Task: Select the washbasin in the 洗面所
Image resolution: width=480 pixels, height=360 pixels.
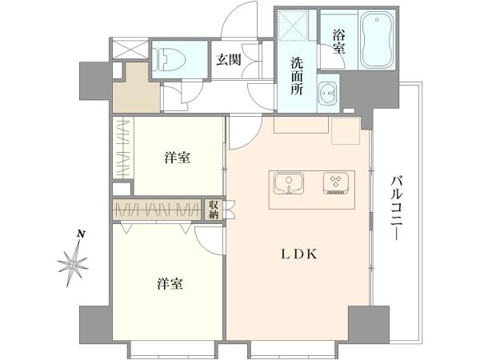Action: click(x=328, y=93)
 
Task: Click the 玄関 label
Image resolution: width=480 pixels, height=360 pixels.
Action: click(x=228, y=60)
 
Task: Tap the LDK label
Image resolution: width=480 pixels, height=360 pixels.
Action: click(x=299, y=254)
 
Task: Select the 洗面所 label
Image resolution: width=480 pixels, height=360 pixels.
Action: click(x=296, y=77)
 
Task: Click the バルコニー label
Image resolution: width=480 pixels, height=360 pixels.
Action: click(x=397, y=208)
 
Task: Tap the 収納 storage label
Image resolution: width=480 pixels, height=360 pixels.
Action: click(x=214, y=210)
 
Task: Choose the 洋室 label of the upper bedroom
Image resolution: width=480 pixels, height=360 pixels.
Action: click(x=178, y=158)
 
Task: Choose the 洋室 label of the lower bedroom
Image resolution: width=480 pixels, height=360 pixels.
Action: click(x=170, y=284)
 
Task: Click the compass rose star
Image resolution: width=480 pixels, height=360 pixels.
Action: click(x=73, y=262)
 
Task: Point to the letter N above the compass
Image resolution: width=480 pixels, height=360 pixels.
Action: click(x=81, y=234)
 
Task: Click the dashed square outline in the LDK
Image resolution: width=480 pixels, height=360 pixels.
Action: click(x=346, y=130)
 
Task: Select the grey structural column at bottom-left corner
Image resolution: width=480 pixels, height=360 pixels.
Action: click(x=95, y=325)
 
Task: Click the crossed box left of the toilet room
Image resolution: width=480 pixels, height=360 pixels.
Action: click(x=130, y=49)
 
